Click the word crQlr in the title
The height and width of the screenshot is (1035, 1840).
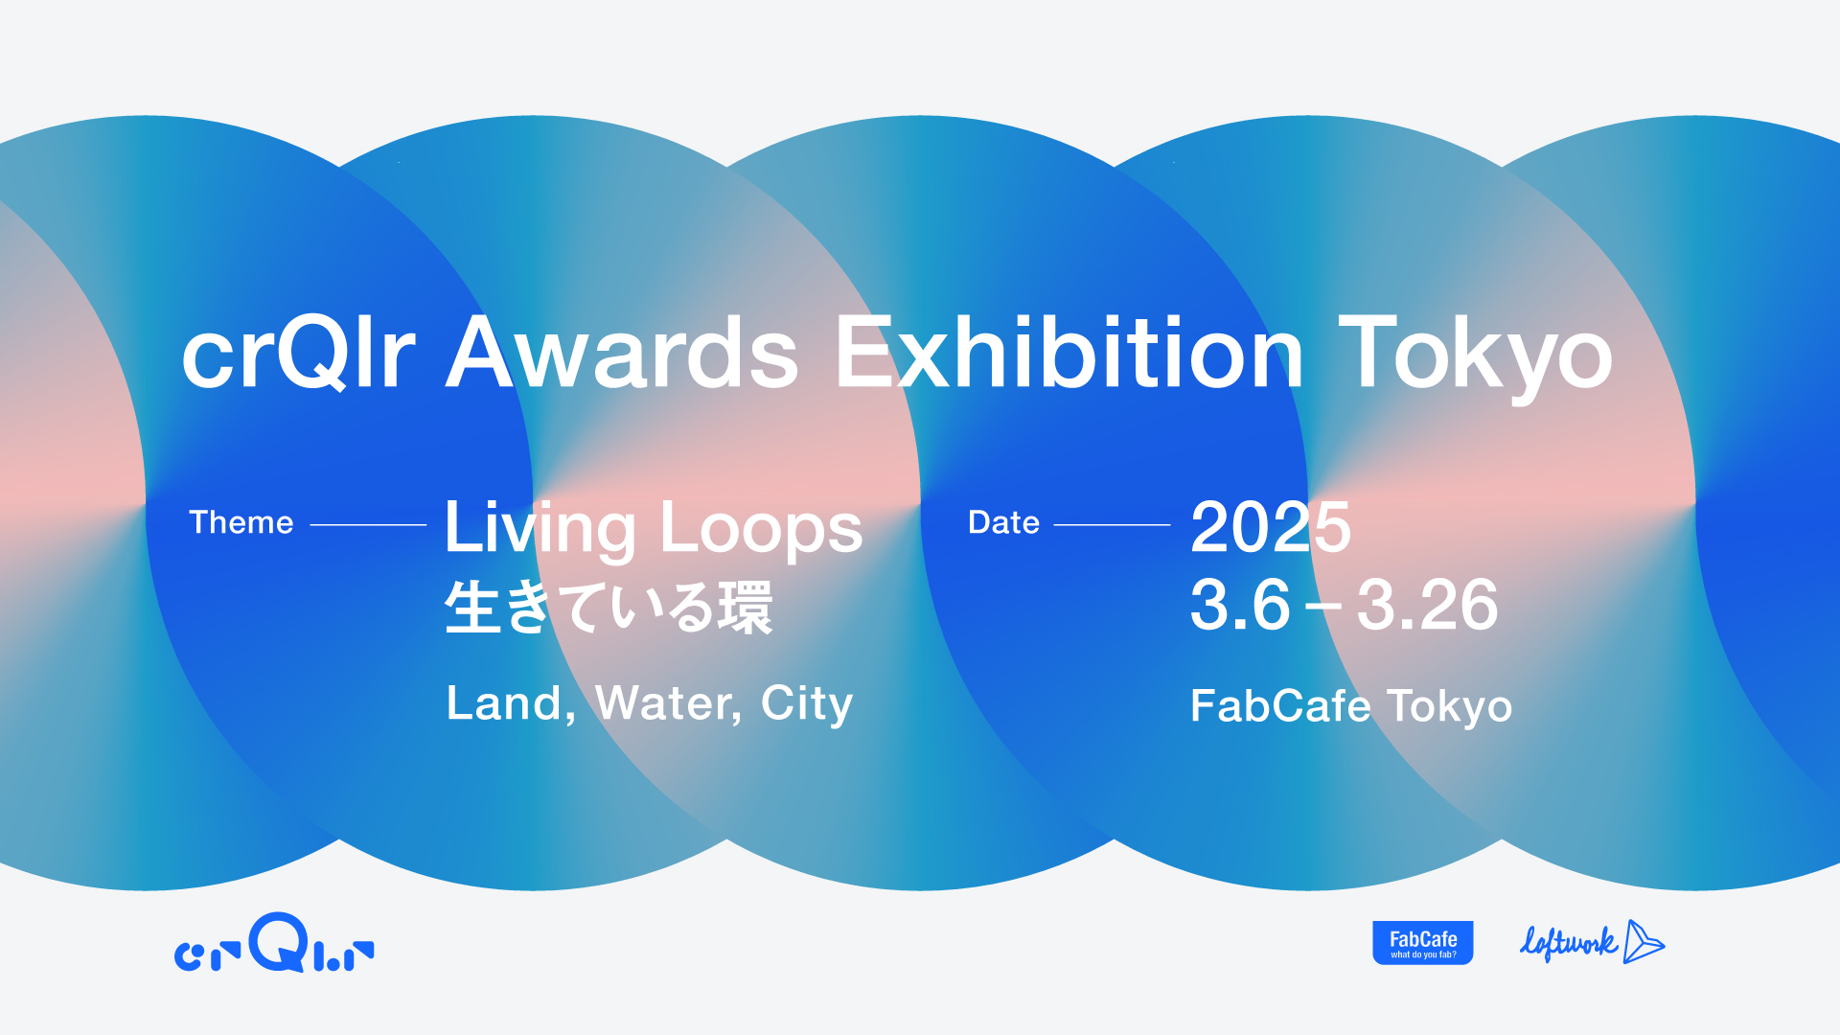click(298, 353)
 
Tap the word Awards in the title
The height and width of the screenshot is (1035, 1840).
click(622, 353)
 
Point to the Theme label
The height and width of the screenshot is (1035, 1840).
click(241, 522)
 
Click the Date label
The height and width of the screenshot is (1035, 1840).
click(1003, 522)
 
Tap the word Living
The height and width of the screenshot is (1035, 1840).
click(540, 530)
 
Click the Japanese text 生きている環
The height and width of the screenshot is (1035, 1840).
click(609, 608)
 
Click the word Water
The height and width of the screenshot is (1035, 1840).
click(668, 704)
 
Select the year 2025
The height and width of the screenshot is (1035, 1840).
click(1271, 527)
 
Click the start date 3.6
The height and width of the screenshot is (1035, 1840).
click(1240, 605)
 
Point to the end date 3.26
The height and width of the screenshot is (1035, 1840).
click(1427, 605)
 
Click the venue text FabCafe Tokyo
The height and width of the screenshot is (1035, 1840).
click(1351, 707)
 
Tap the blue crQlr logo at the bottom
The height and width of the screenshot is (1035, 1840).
click(274, 943)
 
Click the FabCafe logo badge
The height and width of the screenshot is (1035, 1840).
click(1423, 943)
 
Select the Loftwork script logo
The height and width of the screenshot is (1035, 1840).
click(1592, 942)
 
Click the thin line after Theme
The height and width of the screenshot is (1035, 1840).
click(368, 525)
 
